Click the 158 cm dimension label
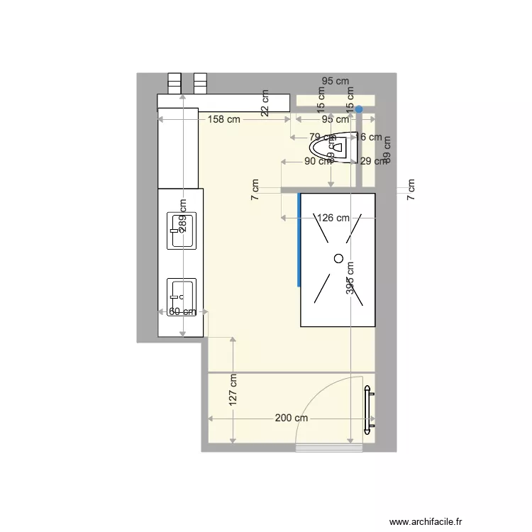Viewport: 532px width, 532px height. click(223, 119)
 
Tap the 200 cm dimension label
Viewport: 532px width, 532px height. click(291, 419)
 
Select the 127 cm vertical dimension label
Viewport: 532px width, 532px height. click(233, 390)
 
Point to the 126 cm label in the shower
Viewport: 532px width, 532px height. click(333, 218)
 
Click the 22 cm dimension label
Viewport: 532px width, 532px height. click(265, 103)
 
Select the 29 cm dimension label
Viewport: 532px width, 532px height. click(372, 162)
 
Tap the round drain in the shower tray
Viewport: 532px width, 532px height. click(338, 257)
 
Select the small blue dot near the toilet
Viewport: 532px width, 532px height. click(359, 109)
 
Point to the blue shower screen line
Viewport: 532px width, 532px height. click(299, 239)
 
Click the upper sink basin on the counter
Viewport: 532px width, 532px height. click(182, 231)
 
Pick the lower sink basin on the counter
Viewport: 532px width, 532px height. click(181, 297)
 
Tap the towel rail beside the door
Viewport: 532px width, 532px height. click(367, 411)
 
